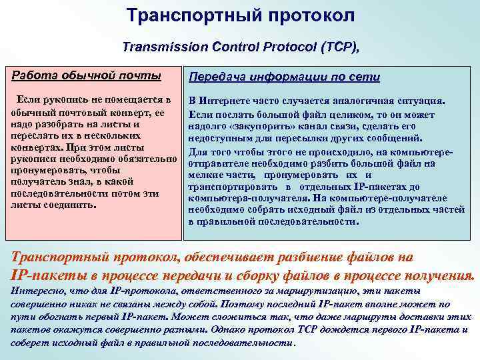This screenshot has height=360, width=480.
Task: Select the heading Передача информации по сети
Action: click(285, 77)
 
